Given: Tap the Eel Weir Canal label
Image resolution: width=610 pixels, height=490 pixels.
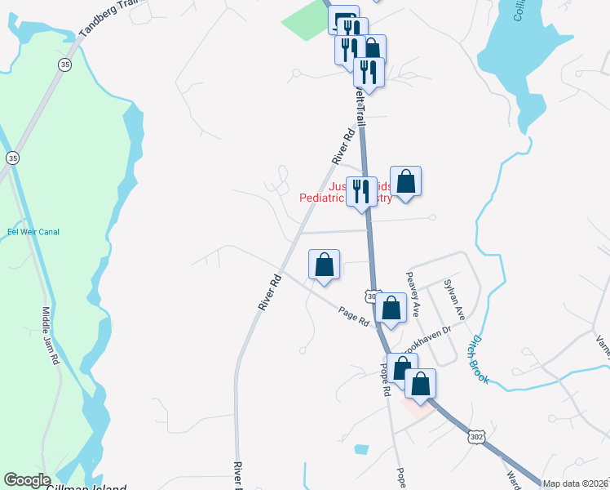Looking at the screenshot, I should tap(33, 232).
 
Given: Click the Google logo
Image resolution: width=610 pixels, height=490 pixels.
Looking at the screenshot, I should tap(27, 480).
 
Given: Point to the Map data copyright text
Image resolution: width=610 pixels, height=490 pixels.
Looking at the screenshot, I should tap(576, 483).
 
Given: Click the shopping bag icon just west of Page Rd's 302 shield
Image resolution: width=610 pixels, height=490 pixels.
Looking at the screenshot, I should tap(324, 265).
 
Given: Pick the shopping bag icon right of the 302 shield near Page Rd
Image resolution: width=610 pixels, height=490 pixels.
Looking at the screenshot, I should tap(391, 309).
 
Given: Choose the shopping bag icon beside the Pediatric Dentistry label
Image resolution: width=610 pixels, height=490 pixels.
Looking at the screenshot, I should tap(405, 181).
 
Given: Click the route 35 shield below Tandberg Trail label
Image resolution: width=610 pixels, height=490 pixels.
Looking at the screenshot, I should tap(65, 64).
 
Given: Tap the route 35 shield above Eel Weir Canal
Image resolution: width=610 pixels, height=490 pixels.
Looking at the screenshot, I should tap(12, 157).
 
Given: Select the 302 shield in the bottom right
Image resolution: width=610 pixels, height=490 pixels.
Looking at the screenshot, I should tap(477, 439).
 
